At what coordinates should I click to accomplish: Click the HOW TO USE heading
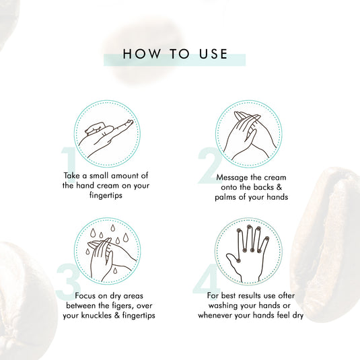click(176, 55)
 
